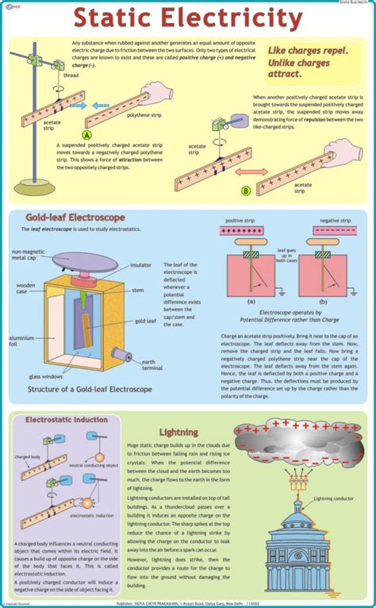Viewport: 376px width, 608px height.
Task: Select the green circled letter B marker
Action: (245, 190)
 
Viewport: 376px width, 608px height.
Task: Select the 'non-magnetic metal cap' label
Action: (31, 256)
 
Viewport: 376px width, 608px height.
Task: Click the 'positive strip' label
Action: (242, 220)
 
